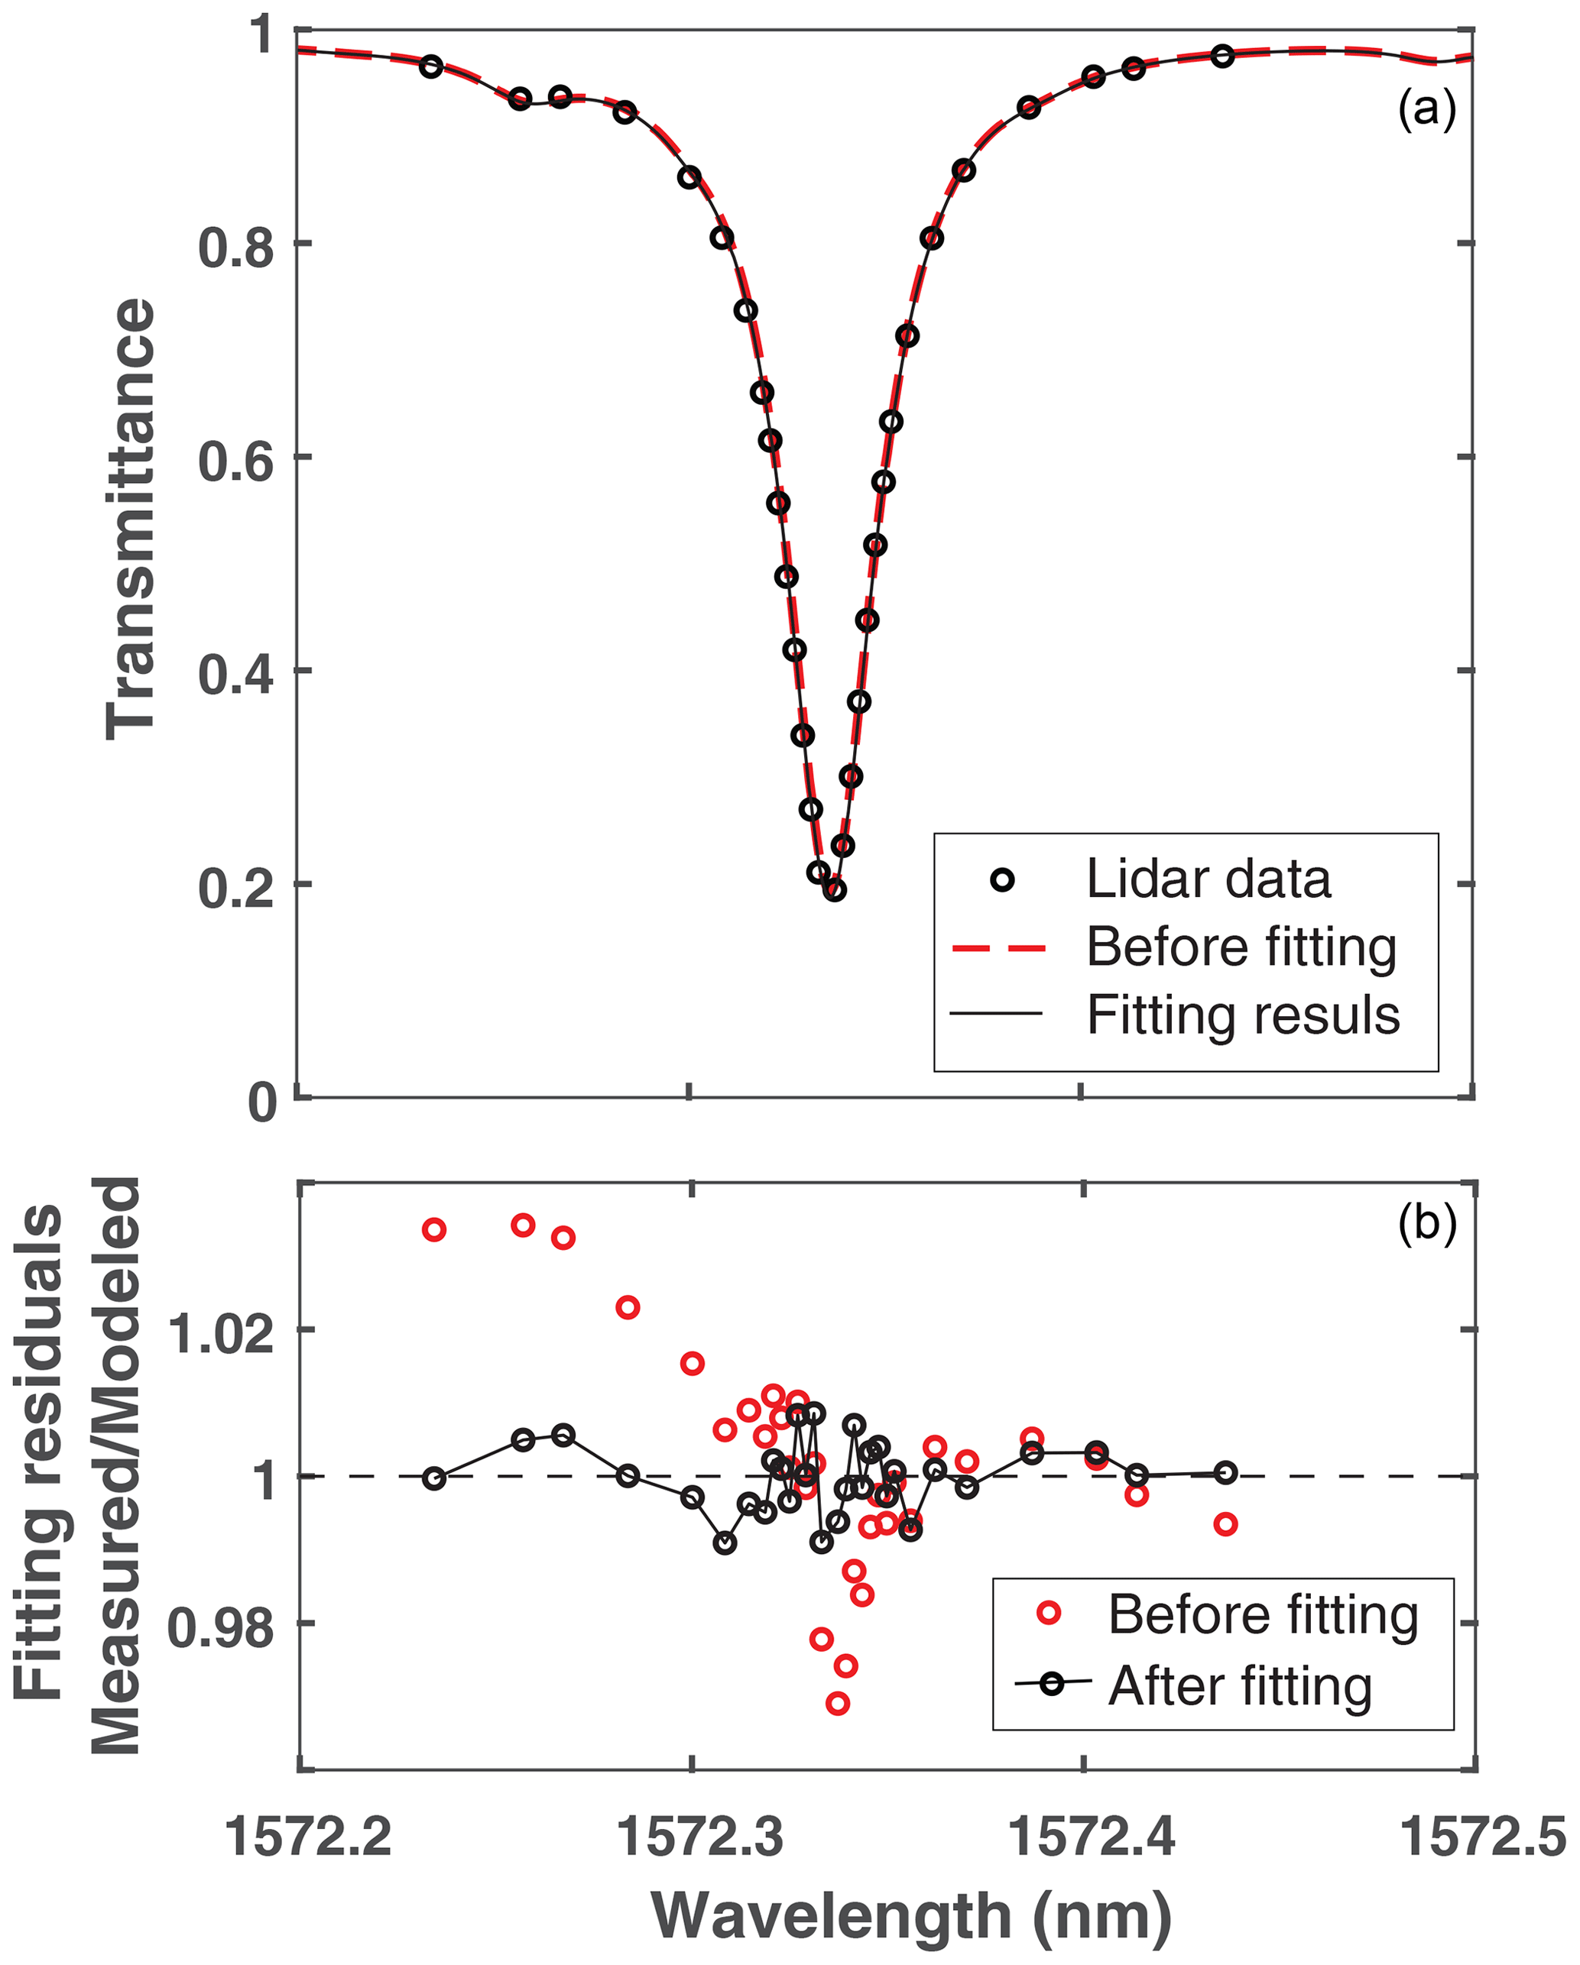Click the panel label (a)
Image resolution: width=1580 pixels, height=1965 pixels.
pyautogui.click(x=1427, y=109)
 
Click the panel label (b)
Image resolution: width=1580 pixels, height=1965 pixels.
pyautogui.click(x=1427, y=1224)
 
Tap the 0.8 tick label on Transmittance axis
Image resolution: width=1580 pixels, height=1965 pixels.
pyautogui.click(x=235, y=247)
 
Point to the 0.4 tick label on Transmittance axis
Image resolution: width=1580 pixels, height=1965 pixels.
pyautogui.click(x=235, y=675)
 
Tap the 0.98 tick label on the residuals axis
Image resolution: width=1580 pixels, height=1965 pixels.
pyautogui.click(x=222, y=1627)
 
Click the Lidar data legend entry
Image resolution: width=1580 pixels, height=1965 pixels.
pyautogui.click(x=1208, y=879)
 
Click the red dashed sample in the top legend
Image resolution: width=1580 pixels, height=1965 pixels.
pyautogui.click(x=998, y=949)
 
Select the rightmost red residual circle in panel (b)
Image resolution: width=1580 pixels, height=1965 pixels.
pyautogui.click(x=1225, y=1525)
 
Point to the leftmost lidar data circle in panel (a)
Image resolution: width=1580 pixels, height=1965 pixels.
pyautogui.click(x=431, y=66)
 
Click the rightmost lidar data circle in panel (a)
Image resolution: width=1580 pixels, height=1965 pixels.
pyautogui.click(x=1222, y=57)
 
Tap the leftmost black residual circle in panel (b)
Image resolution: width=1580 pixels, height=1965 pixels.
pyautogui.click(x=435, y=1478)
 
